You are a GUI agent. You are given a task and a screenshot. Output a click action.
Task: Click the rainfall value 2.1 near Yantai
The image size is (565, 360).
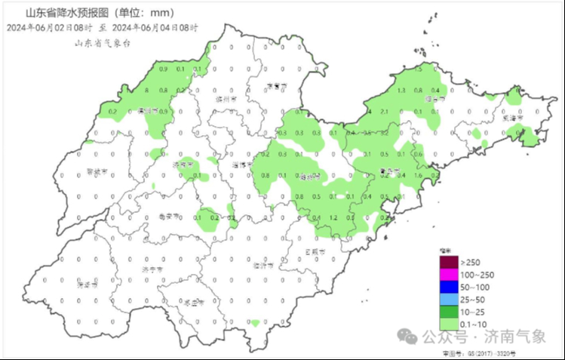(384, 112)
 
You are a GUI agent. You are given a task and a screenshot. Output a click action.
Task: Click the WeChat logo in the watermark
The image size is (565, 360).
(410, 336)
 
